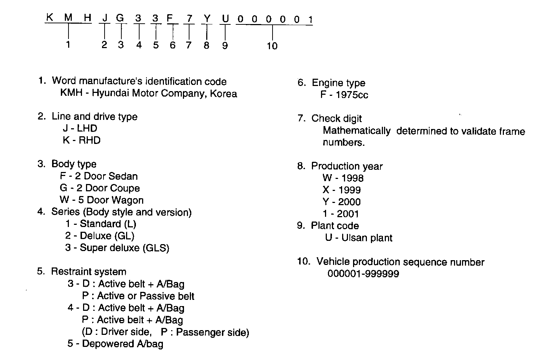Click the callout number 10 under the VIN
click(x=272, y=46)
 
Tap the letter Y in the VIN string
click(x=207, y=18)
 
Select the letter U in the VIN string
click(x=226, y=18)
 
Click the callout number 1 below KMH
click(x=68, y=45)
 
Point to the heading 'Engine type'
click(x=338, y=83)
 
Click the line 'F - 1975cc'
click(x=344, y=95)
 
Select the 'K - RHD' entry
click(x=82, y=140)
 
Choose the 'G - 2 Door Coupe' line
click(x=100, y=188)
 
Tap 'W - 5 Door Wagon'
click(x=102, y=200)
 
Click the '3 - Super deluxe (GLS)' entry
click(x=117, y=248)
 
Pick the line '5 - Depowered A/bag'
click(x=115, y=344)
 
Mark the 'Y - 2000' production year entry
click(x=341, y=202)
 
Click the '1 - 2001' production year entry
click(x=341, y=214)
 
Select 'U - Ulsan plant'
click(x=359, y=238)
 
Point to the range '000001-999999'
click(x=363, y=274)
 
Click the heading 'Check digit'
click(x=336, y=118)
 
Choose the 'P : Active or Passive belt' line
click(x=138, y=296)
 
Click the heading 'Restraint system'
click(x=89, y=272)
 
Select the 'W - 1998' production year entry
click(x=343, y=178)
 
